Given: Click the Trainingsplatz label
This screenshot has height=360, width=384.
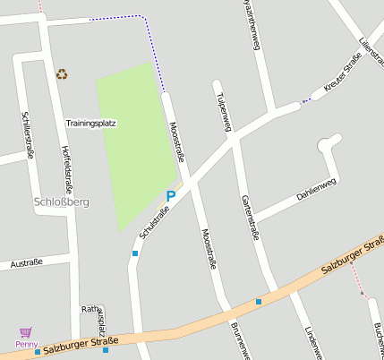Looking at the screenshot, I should click(90, 123).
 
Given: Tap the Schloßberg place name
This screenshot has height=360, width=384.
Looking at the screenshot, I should click(61, 202).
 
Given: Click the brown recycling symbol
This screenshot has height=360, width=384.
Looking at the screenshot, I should click(62, 74).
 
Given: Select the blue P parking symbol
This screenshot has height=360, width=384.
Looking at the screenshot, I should click(171, 195).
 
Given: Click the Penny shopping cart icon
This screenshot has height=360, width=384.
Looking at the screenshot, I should click(25, 331).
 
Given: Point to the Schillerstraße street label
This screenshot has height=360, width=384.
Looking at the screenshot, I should click(28, 134).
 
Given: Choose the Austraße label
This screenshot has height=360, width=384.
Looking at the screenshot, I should click(26, 263).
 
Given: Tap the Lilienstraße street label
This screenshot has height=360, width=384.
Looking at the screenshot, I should click(371, 55).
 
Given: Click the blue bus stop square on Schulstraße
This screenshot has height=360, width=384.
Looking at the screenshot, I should click(135, 253).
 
